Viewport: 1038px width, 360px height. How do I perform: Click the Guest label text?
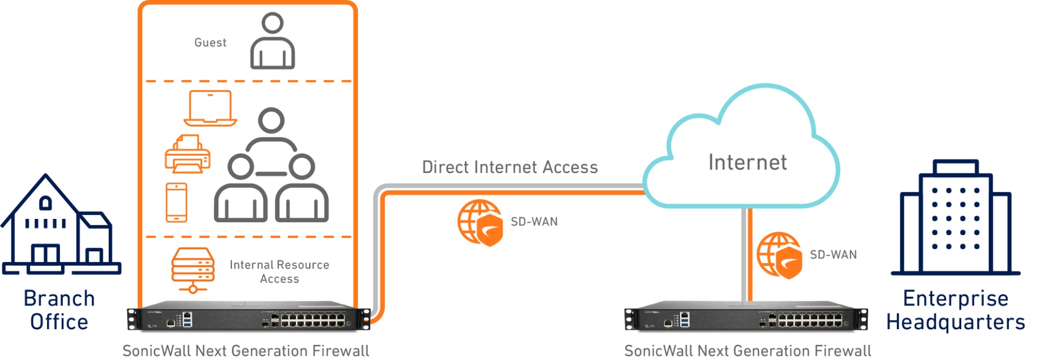pyautogui.click(x=210, y=43)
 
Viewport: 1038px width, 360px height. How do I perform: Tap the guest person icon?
pyautogui.click(x=272, y=43)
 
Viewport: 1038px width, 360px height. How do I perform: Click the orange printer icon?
pyautogui.click(x=188, y=155)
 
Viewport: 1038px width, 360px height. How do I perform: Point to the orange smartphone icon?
pyautogui.click(x=176, y=203)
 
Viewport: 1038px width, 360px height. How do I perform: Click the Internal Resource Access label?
pyautogui.click(x=279, y=272)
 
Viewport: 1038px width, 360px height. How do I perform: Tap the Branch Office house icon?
pyautogui.click(x=59, y=227)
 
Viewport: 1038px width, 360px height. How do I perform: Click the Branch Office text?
pyautogui.click(x=59, y=310)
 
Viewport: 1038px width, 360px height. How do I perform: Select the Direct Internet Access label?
pyautogui.click(x=510, y=168)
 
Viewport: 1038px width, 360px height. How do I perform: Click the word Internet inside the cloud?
pyautogui.click(x=747, y=163)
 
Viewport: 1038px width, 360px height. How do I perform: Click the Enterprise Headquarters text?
pyautogui.click(x=955, y=310)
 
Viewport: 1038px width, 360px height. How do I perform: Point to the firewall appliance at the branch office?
pyautogui.click(x=249, y=318)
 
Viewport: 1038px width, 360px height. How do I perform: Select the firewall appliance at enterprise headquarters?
pyautogui.click(x=746, y=318)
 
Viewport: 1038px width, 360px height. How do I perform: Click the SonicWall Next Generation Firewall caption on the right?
pyautogui.click(x=747, y=351)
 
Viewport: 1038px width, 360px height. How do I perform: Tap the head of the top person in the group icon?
pyautogui.click(x=271, y=121)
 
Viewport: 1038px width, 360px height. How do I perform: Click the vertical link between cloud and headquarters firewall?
pyautogui.click(x=747, y=254)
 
